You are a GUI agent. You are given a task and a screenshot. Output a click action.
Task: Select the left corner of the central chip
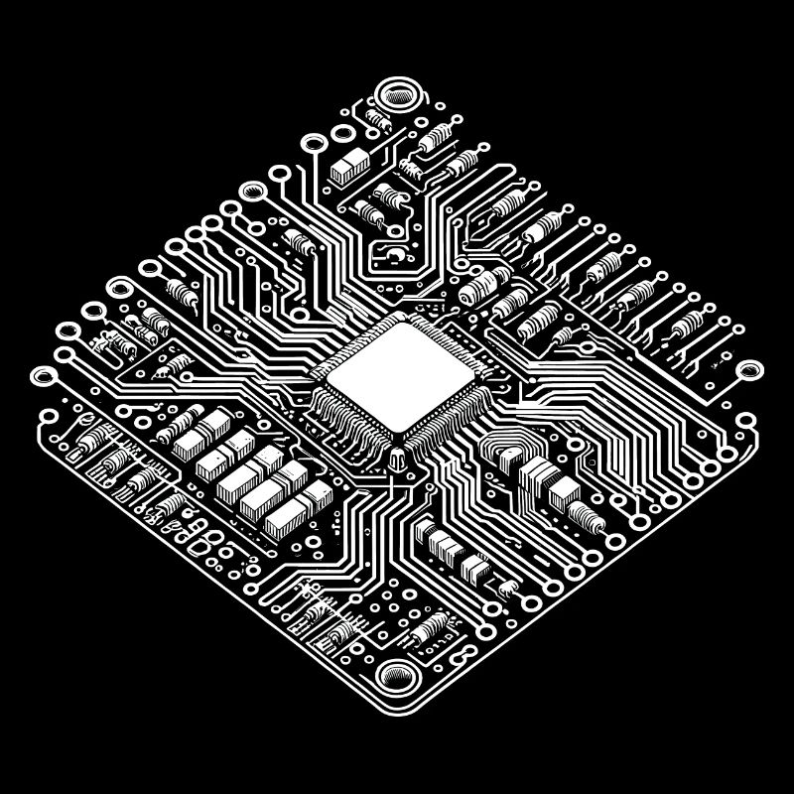pyautogui.click(x=321, y=375)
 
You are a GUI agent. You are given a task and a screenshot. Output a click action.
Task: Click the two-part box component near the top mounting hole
pyautogui.click(x=346, y=167)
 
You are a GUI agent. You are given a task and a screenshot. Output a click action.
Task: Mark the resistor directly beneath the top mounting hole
pyautogui.click(x=378, y=120)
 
